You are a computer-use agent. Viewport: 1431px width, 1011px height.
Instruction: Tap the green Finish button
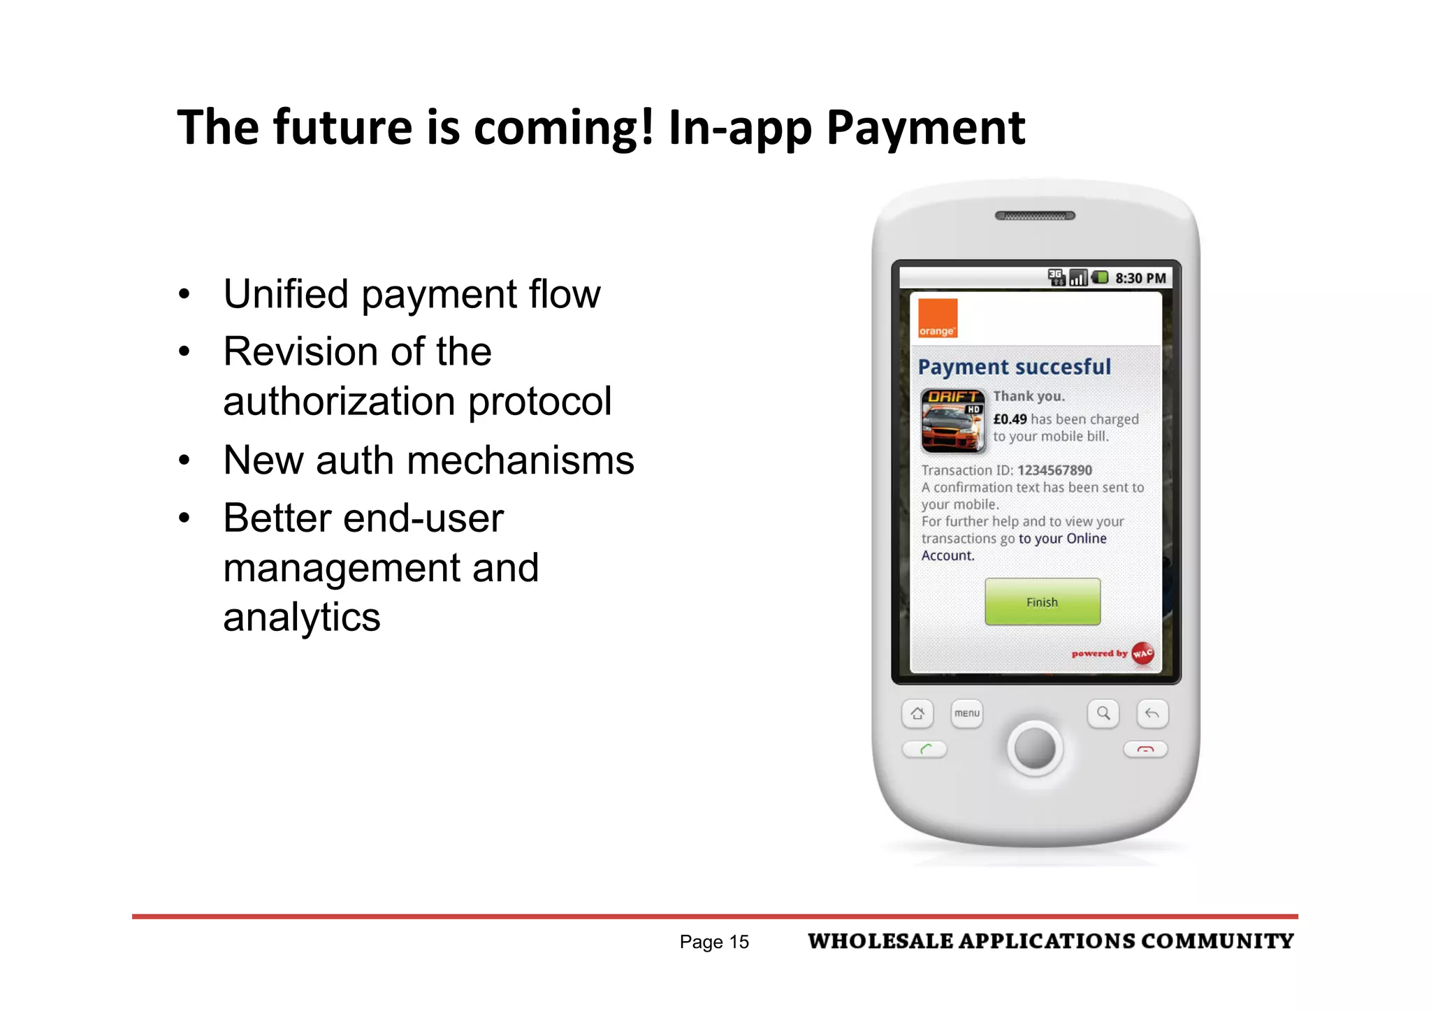1042,602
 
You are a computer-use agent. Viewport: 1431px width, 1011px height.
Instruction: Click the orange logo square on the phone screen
937,318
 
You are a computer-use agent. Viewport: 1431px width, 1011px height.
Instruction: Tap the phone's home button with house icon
917,713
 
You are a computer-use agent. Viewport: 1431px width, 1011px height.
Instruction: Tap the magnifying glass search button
1103,713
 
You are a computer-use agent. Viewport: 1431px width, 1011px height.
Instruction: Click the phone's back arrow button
1152,713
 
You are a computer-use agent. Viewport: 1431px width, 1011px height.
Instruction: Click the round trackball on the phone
1035,748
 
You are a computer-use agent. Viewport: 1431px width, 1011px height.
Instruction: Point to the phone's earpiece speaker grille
1035,216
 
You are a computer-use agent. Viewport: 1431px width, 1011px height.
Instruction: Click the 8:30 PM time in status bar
1140,278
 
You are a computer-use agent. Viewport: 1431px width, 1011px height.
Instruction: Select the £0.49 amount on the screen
1010,419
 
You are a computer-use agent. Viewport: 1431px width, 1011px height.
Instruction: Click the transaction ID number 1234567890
1054,470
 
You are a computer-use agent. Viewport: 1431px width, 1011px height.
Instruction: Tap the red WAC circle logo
1142,654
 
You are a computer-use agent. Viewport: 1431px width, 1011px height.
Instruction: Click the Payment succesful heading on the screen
1014,367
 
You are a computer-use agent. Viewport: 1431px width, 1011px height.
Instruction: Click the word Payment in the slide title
926,128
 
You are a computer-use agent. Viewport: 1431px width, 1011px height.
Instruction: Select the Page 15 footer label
714,942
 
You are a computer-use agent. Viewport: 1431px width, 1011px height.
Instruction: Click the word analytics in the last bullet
302,618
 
